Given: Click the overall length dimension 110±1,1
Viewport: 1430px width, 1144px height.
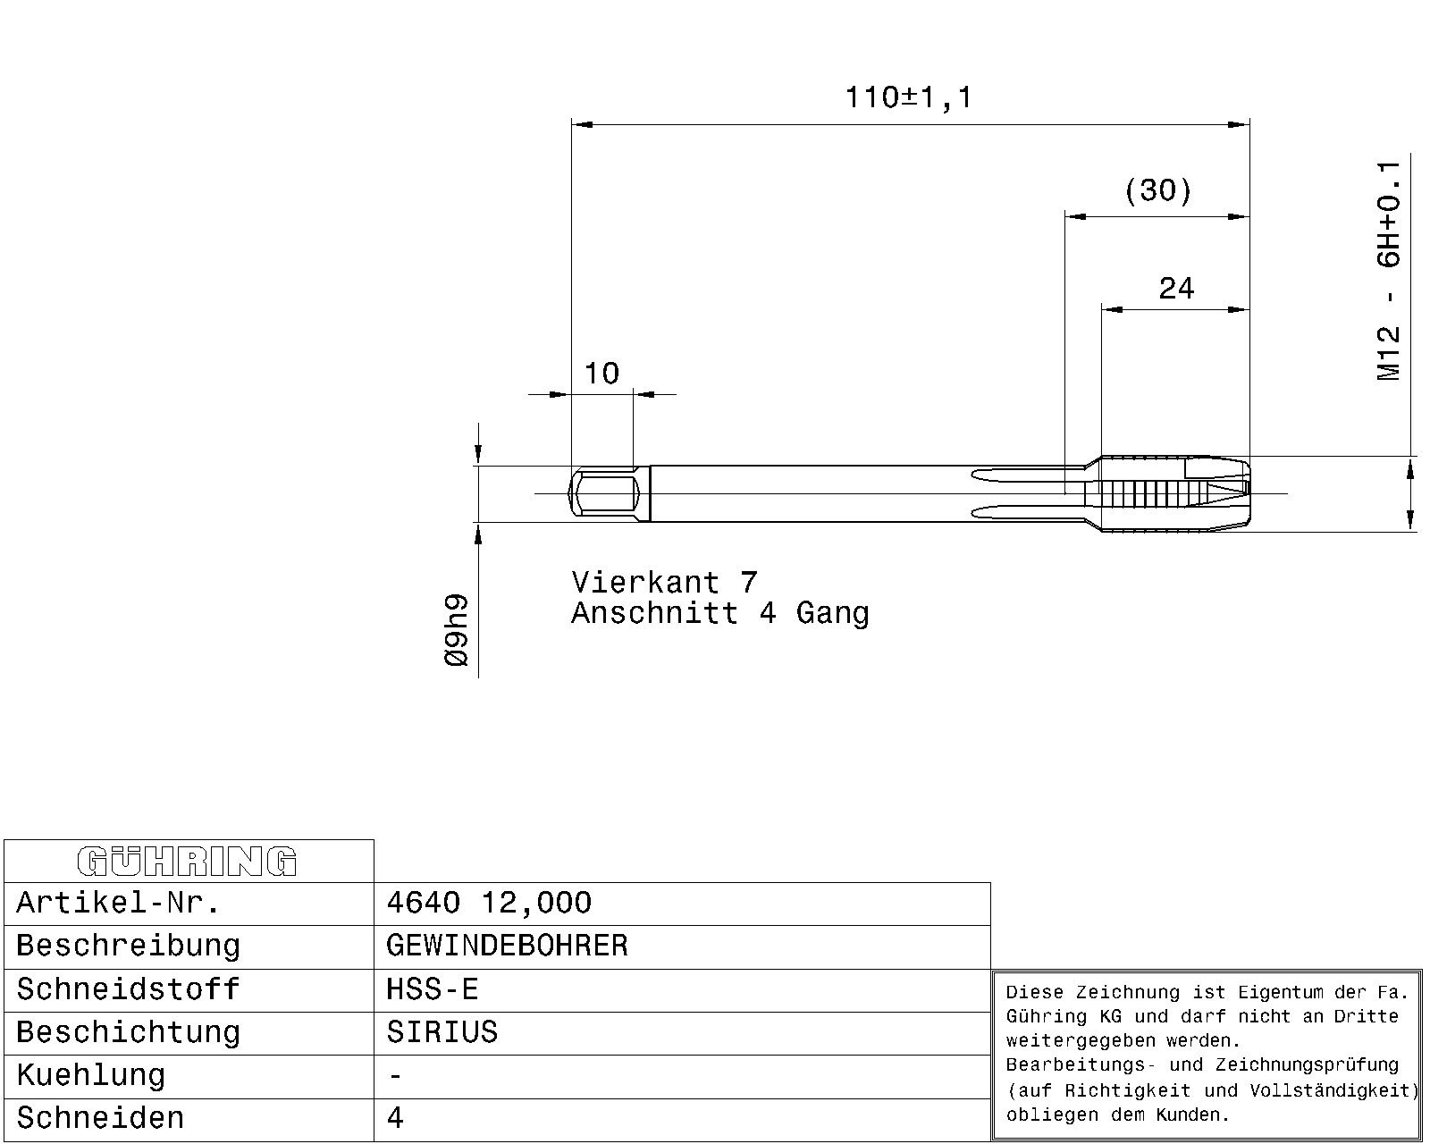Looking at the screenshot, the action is pos(908,97).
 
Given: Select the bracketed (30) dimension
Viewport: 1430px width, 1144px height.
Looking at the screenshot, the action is pos(1158,190).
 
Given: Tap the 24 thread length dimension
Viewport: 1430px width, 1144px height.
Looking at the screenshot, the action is pos(1176,289).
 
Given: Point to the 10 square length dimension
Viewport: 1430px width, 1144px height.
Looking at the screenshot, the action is pos(601,374).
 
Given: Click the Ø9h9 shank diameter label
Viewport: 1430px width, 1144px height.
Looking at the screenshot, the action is pos(457,630).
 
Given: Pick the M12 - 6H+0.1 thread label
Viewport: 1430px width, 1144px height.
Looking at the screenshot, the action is pos(1389,271).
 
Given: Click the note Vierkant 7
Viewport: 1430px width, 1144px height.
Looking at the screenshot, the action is pos(664,583).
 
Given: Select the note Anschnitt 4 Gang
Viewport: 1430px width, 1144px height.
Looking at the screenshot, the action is pos(720,613).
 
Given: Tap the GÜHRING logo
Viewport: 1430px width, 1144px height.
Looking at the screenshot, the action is pos(188,862).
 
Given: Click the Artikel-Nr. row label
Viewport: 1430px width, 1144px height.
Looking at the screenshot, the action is pos(118,904).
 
